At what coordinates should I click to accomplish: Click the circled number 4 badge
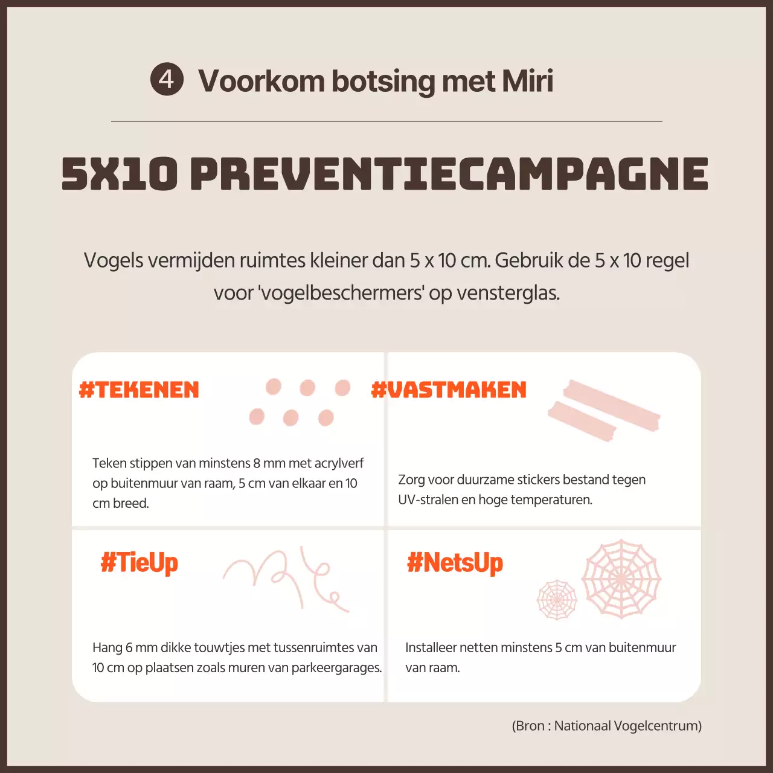click(x=167, y=79)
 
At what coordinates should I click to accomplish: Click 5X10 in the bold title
click(x=120, y=173)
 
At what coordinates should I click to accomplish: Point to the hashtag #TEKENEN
click(x=139, y=390)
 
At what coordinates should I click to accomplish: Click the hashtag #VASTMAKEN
click(x=449, y=390)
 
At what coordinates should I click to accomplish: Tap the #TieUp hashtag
click(x=139, y=563)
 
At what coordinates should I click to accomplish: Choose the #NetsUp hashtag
click(x=455, y=563)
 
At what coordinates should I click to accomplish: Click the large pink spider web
click(x=621, y=579)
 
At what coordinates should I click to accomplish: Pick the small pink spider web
click(x=557, y=599)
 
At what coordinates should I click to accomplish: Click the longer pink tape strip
click(x=612, y=405)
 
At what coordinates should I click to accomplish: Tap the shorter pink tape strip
click(x=582, y=421)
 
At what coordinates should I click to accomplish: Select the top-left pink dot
click(x=273, y=387)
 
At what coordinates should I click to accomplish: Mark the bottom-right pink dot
click(x=326, y=417)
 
